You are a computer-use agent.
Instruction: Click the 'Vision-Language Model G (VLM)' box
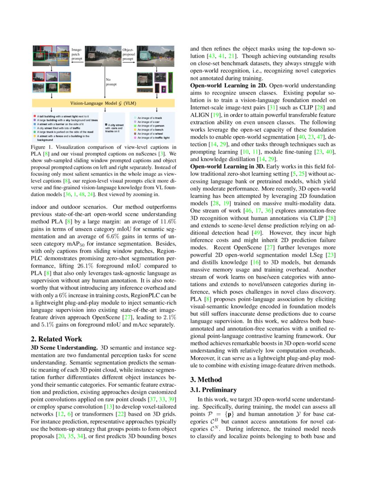tap(105, 102)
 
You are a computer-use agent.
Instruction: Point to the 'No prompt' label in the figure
tap(111, 82)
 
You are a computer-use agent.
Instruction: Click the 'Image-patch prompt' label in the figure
tap(77, 54)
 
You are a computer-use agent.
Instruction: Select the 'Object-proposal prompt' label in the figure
tap(128, 54)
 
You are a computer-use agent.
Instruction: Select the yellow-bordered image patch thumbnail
tap(65, 77)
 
